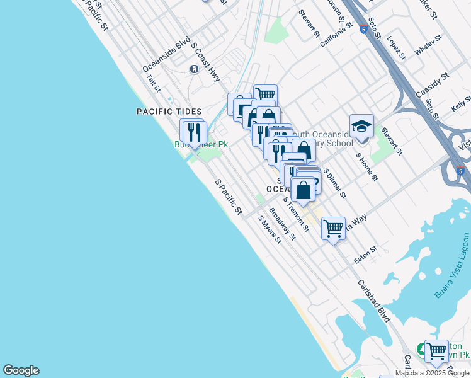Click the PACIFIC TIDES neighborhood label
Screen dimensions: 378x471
coord(169,112)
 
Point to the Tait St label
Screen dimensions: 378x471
coord(154,83)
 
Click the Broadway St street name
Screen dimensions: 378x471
coord(282,224)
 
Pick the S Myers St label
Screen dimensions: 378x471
coord(270,230)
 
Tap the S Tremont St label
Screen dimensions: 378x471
coord(296,214)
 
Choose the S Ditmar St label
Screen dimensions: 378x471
coord(335,183)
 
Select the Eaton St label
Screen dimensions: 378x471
coord(365,255)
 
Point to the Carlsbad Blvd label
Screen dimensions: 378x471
coord(375,302)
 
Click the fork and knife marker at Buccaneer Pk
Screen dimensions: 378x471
coord(193,132)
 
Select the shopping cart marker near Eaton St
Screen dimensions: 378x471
coord(333,227)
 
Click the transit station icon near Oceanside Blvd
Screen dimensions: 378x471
coord(193,69)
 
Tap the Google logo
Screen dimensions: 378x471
coord(21,370)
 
